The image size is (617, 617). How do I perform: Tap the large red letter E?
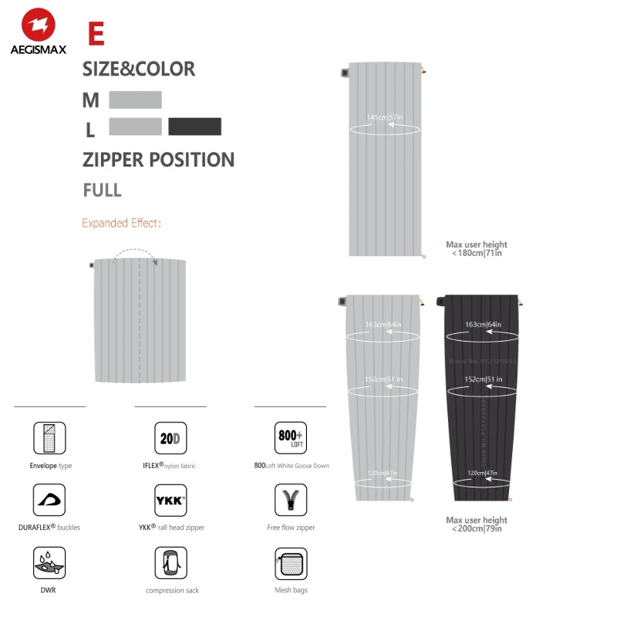pyautogui.click(x=96, y=35)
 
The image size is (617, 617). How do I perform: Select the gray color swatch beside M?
pyautogui.click(x=135, y=100)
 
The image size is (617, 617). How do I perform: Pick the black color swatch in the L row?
pyautogui.click(x=195, y=126)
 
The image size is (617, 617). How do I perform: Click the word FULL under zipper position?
pyautogui.click(x=102, y=190)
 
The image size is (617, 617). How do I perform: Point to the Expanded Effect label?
pyautogui.click(x=121, y=224)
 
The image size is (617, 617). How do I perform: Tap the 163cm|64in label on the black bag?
pyautogui.click(x=484, y=325)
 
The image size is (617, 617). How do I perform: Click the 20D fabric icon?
pyautogui.click(x=170, y=438)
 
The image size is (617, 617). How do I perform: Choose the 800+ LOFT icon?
pyautogui.click(x=291, y=438)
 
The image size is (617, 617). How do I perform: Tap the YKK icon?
pyautogui.click(x=170, y=501)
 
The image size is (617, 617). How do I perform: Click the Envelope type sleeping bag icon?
pyautogui.click(x=49, y=438)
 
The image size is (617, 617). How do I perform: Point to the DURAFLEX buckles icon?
pyautogui.click(x=49, y=501)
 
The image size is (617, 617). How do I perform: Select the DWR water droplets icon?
pyautogui.click(x=49, y=563)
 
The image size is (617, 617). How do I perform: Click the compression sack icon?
pyautogui.click(x=170, y=563)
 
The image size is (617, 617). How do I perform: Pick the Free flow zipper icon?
pyautogui.click(x=291, y=501)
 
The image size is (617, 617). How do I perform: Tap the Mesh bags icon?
pyautogui.click(x=291, y=563)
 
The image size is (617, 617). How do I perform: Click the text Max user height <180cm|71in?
pyautogui.click(x=477, y=248)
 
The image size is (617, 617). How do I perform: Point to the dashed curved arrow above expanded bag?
pyautogui.click(x=136, y=253)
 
